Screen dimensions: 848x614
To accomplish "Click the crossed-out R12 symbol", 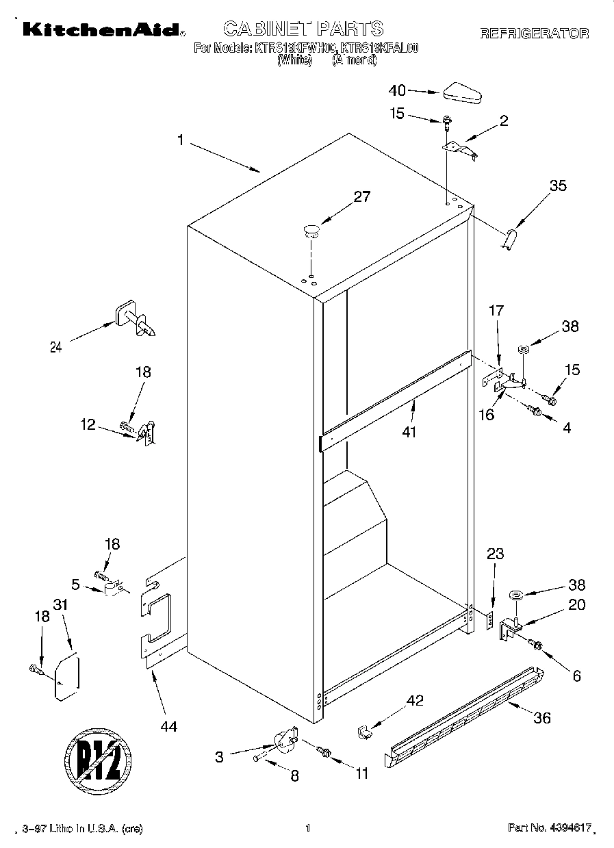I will [98, 756].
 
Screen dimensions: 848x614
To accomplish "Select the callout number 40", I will [397, 90].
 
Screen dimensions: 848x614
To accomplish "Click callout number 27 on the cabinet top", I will [361, 197].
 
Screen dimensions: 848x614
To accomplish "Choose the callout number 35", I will [558, 185].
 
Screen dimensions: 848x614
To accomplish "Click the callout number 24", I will [56, 347].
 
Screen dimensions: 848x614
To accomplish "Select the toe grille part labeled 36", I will [465, 712].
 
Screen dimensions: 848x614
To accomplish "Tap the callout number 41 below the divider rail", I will [409, 433].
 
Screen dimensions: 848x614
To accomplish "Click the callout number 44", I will [168, 727].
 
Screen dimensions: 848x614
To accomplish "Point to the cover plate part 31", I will [66, 677].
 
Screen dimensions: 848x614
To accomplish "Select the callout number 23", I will [496, 555].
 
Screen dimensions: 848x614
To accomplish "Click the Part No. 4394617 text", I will [550, 829].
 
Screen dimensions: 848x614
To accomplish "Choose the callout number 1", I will [180, 140].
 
